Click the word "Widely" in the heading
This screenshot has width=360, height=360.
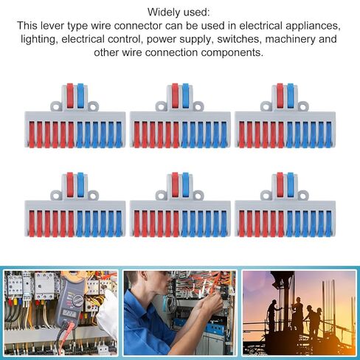click(x=162, y=13)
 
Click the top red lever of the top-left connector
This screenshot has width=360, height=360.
click(x=70, y=96)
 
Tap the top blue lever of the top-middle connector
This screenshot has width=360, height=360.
click(x=185, y=96)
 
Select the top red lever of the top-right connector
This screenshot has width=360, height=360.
click(x=280, y=96)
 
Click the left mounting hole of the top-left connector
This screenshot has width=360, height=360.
click(x=57, y=107)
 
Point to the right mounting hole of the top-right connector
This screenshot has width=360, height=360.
click(x=303, y=107)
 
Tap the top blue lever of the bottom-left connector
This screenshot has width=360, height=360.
click(x=80, y=184)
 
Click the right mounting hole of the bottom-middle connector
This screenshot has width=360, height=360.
click(x=197, y=196)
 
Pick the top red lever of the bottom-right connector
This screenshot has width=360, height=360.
click(x=280, y=184)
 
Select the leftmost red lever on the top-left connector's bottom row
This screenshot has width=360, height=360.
click(x=32, y=135)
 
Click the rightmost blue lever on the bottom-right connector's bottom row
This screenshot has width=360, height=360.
click(x=329, y=224)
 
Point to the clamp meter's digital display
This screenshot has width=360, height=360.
click(x=69, y=313)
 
